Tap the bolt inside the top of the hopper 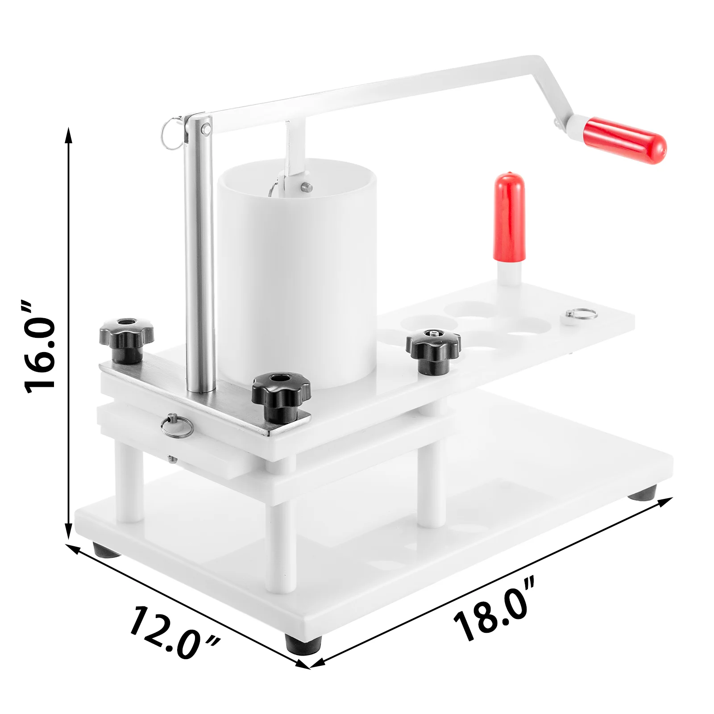tap(305, 187)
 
